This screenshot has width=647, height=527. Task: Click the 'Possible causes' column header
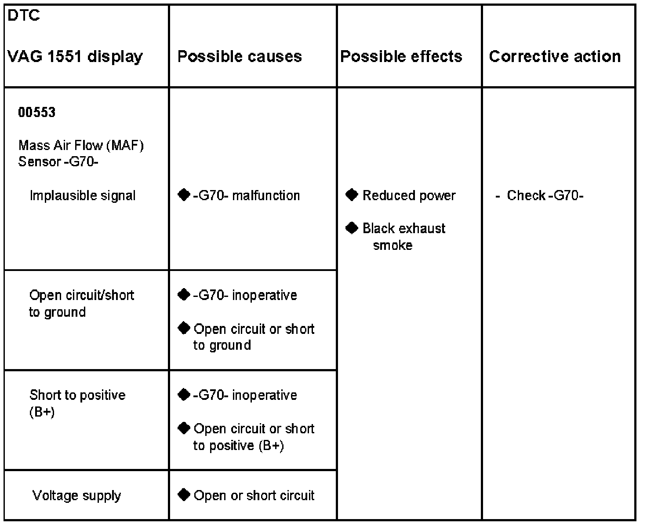(x=240, y=56)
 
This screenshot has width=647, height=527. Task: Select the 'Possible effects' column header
(x=401, y=56)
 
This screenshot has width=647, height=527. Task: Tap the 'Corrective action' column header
(x=555, y=56)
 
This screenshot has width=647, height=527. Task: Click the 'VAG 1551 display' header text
(x=75, y=56)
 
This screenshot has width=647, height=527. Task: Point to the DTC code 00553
(x=37, y=112)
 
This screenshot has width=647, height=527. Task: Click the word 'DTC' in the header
(x=24, y=15)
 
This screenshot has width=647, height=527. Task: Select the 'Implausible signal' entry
(x=83, y=195)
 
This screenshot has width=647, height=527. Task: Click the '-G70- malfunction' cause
(x=246, y=195)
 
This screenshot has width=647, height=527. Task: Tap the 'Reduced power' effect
(x=409, y=195)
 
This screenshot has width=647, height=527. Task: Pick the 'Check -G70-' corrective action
(x=545, y=195)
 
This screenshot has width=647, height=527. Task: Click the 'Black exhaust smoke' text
(x=403, y=236)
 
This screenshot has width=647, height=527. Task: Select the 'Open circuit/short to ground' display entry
(x=81, y=303)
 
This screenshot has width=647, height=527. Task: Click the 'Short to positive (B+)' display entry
(x=77, y=403)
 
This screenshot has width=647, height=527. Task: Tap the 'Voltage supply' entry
(x=76, y=495)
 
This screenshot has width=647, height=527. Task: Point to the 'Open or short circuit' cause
(x=254, y=495)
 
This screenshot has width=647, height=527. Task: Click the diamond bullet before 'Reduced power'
(x=352, y=194)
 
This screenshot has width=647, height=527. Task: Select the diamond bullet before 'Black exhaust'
(x=352, y=227)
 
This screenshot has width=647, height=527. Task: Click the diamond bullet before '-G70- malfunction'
(x=184, y=194)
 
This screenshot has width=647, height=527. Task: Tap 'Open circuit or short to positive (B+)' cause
(x=254, y=437)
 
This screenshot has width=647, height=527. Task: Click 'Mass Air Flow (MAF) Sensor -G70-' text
(x=81, y=153)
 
